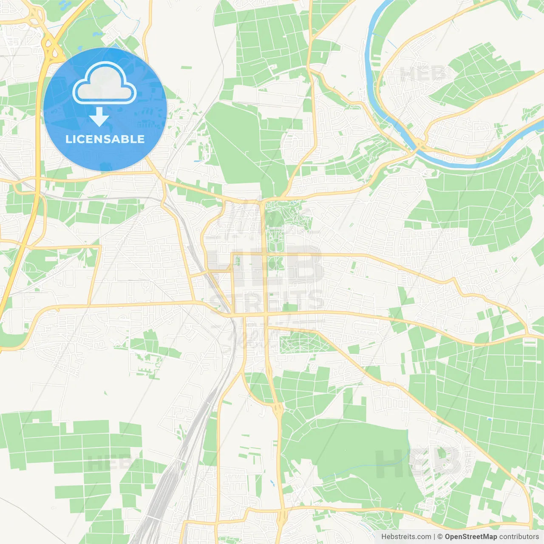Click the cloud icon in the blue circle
click(x=105, y=84)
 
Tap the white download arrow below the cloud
click(x=99, y=117)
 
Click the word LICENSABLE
click(x=105, y=139)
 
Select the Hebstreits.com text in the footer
click(x=406, y=537)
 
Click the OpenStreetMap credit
click(x=470, y=537)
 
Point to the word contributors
click(x=519, y=537)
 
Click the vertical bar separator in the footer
click(x=434, y=537)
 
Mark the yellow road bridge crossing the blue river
click(x=419, y=144)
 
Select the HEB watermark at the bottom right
click(x=419, y=461)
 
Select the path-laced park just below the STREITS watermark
click(x=300, y=341)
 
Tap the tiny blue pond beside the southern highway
click(x=272, y=483)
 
